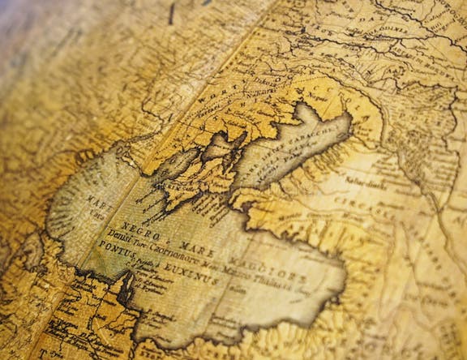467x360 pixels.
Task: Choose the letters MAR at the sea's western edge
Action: pyautogui.click(x=97, y=199)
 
